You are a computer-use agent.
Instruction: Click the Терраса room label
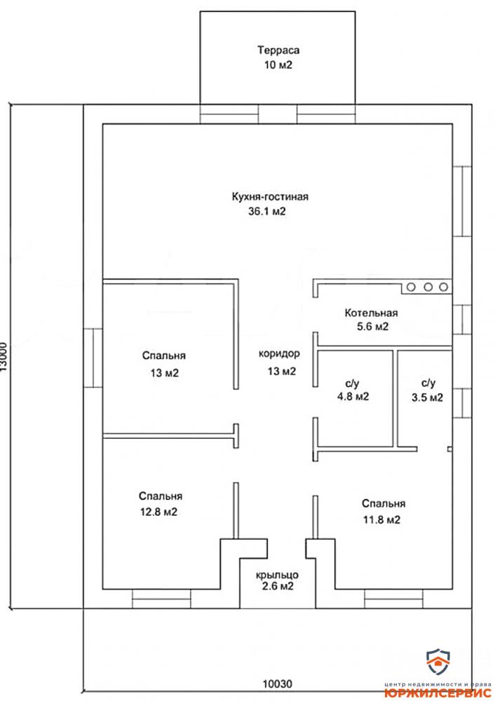point(278,50)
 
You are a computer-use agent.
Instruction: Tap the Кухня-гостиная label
point(270,196)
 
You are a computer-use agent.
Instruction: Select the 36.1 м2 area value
point(267,212)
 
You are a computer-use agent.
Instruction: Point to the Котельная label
point(371,313)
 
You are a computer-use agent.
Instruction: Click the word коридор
point(279,353)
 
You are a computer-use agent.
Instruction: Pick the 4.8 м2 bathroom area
point(353,397)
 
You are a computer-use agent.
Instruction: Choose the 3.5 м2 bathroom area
point(428,397)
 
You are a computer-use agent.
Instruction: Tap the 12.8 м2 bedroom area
point(158,512)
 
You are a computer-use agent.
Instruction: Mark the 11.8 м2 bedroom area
point(381,520)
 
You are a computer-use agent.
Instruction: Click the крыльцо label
point(277,575)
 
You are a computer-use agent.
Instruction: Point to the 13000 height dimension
point(4,357)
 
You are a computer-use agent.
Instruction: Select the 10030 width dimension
point(277,684)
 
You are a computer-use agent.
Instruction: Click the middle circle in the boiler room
point(428,287)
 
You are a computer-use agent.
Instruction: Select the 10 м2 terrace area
point(278,65)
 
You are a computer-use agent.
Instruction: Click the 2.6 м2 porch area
point(277,586)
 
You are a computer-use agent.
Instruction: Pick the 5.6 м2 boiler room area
point(372,327)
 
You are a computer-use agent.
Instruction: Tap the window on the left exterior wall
point(93,358)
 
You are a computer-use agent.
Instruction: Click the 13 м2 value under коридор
point(282,371)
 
